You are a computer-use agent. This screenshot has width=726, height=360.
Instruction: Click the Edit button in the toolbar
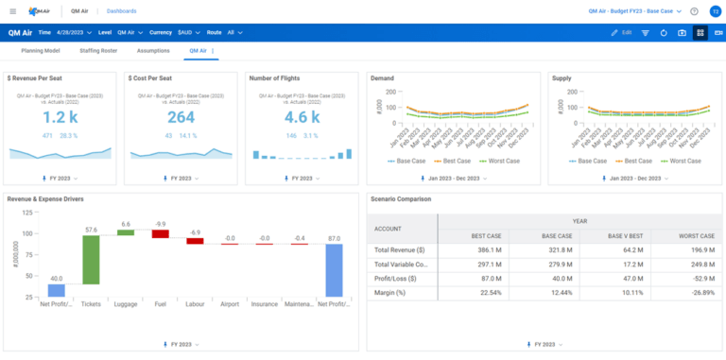pyautogui.click(x=621, y=32)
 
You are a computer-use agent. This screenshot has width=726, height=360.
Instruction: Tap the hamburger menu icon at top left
pyautogui.click(x=12, y=11)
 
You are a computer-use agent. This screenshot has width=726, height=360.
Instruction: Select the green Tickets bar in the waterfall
pyautogui.click(x=91, y=259)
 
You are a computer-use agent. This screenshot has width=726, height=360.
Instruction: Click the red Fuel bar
pyautogui.click(x=160, y=233)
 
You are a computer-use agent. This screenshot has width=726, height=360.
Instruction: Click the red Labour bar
pyautogui.click(x=195, y=241)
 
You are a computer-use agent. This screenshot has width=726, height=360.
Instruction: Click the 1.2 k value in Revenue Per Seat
pyautogui.click(x=60, y=117)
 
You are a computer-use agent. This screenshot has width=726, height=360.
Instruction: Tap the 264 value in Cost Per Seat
pyautogui.click(x=181, y=117)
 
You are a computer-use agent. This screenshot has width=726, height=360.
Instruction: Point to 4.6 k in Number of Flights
pyautogui.click(x=302, y=117)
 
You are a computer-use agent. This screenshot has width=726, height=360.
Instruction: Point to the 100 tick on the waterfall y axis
pyautogui.click(x=29, y=232)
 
